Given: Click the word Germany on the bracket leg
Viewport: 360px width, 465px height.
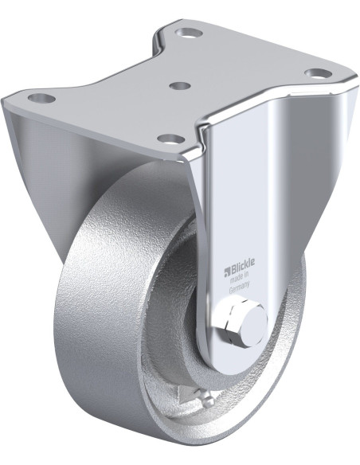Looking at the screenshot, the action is pos(240,283).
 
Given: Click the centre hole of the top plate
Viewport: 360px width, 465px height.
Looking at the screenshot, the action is pos(180,85).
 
